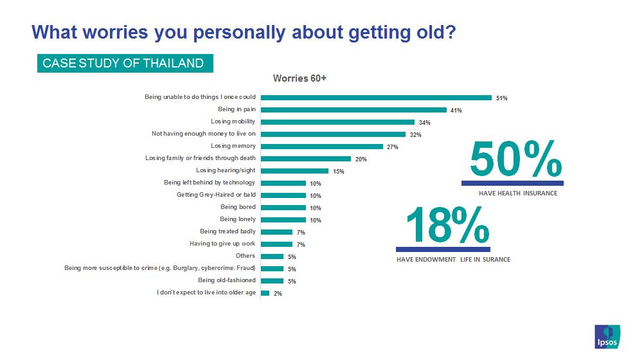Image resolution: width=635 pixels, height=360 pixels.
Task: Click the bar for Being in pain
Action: (x=353, y=110)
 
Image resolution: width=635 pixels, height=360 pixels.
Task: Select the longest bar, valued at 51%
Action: (x=376, y=98)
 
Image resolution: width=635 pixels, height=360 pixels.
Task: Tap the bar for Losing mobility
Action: (x=337, y=122)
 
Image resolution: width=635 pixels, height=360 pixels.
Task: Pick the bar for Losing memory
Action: (x=321, y=147)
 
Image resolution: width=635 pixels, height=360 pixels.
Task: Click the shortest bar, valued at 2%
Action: (x=265, y=293)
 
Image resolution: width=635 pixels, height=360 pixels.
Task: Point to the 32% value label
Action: (x=415, y=135)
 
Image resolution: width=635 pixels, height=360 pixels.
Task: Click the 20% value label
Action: (x=361, y=159)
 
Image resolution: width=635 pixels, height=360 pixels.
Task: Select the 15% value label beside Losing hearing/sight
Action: (x=338, y=172)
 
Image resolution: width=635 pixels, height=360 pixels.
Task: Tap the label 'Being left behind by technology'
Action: (x=210, y=183)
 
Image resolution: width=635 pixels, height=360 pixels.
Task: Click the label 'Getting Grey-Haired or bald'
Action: (x=216, y=195)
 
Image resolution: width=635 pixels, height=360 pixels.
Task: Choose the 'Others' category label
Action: (x=246, y=256)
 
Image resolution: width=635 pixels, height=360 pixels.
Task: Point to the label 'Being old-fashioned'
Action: (x=226, y=280)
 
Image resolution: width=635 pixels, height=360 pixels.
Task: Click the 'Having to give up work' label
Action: (x=222, y=244)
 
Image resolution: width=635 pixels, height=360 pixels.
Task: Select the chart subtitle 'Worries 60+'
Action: (x=300, y=78)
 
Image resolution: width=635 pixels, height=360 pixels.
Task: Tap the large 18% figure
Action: (x=443, y=226)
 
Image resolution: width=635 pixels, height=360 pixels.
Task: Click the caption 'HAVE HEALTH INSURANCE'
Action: (x=518, y=192)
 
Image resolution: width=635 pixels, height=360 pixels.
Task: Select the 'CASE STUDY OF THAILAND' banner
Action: (x=123, y=63)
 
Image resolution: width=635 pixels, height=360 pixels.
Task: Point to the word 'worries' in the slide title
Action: (x=113, y=32)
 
